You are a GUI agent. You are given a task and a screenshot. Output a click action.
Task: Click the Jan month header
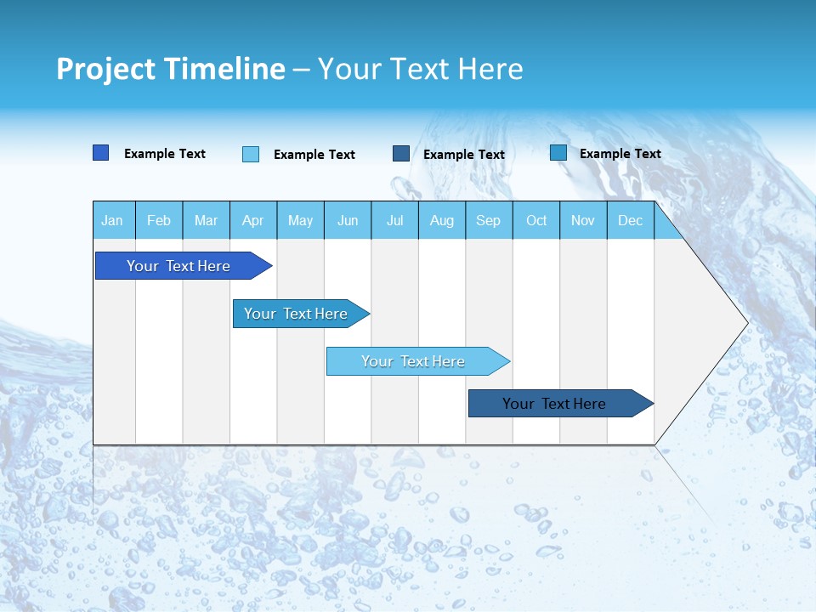coord(112,221)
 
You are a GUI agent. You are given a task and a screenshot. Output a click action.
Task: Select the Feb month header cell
coord(159,221)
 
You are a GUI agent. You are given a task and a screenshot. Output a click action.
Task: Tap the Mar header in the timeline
coord(206,221)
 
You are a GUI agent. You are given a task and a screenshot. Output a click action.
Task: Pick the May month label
coord(300,221)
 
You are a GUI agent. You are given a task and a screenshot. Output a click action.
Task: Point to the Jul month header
coord(394,221)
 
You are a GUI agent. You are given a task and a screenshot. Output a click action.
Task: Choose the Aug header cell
coord(442,221)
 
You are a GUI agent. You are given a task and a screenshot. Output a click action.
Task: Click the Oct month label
coord(536,221)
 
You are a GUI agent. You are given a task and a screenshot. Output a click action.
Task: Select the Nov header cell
coord(583,221)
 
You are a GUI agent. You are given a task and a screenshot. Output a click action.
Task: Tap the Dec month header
coord(630,221)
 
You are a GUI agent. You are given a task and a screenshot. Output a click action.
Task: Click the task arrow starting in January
coord(179,266)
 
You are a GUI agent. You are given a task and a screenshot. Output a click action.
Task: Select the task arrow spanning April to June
coord(297,314)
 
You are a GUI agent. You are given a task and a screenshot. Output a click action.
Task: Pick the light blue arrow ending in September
coord(414,361)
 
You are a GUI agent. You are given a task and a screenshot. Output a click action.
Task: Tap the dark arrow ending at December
coord(555,404)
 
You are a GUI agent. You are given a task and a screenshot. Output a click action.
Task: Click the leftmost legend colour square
coord(101,153)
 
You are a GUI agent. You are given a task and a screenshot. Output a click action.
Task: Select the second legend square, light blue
coord(251,154)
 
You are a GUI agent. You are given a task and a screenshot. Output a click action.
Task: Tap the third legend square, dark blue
coord(401,154)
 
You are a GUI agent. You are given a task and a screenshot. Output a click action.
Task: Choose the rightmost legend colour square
coord(558,153)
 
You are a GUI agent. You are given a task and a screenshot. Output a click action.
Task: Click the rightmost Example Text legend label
coord(620,154)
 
